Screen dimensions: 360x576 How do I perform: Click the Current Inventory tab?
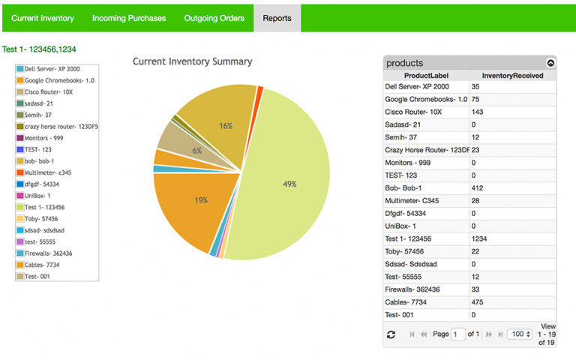(x=42, y=18)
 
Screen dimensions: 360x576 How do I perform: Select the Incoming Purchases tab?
(x=129, y=18)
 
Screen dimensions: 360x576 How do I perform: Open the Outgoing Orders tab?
(x=214, y=18)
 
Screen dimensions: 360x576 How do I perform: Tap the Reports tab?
(x=277, y=18)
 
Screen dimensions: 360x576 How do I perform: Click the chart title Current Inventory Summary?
(x=193, y=61)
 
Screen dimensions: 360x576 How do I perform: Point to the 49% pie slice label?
(x=289, y=184)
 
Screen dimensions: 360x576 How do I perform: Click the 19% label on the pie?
(x=201, y=200)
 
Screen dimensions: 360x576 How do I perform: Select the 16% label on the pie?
(x=226, y=126)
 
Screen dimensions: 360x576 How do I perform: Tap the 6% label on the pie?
(x=196, y=151)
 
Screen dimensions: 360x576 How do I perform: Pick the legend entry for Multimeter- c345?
(x=49, y=172)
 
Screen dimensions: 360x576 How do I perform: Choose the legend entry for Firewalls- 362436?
(x=53, y=253)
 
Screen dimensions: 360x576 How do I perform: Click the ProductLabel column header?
(x=426, y=76)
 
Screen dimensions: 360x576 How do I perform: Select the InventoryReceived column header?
(x=512, y=76)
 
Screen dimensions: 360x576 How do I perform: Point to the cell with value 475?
(x=478, y=302)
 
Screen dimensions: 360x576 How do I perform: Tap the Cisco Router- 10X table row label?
(x=418, y=112)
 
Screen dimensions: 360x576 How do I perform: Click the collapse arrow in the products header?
(x=551, y=64)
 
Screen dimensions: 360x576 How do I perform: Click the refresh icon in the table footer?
(x=391, y=334)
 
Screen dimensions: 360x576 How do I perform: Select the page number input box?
(x=458, y=334)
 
